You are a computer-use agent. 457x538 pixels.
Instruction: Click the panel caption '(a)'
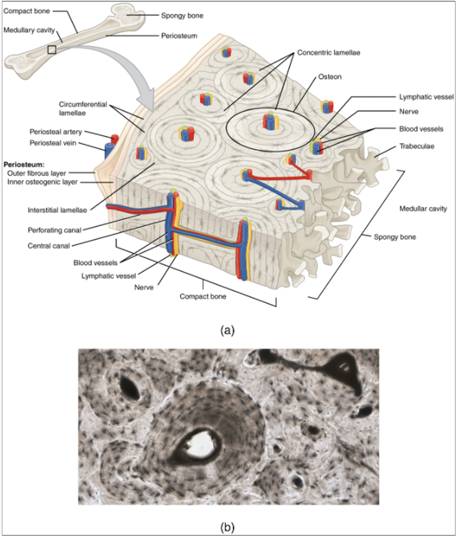click(x=228, y=330)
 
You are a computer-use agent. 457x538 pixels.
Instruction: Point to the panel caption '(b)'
click(x=228, y=526)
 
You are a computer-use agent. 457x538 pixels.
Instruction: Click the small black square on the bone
click(x=52, y=49)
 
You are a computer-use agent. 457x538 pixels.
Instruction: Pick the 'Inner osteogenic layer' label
click(x=42, y=182)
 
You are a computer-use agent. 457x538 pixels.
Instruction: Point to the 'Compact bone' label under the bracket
click(x=203, y=296)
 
